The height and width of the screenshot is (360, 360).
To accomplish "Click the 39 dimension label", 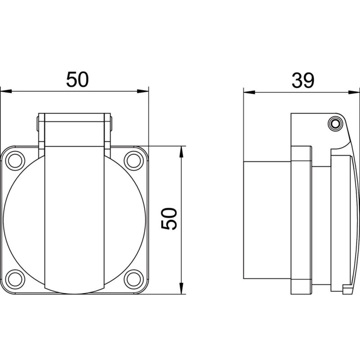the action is [302, 81].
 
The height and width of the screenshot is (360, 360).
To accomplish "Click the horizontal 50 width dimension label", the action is [77, 80].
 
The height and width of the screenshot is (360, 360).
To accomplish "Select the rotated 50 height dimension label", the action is [169, 219].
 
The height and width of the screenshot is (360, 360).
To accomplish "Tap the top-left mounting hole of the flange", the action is [15, 161].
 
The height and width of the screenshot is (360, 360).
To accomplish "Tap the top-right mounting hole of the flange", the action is [134, 161].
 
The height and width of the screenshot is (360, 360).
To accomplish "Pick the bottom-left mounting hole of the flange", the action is [15, 279].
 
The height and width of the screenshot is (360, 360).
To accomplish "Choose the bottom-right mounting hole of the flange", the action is [134, 279].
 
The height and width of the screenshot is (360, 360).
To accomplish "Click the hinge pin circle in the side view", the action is [335, 124].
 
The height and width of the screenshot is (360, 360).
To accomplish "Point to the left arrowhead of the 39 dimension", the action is [249, 92].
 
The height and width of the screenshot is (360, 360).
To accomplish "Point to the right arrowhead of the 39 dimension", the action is [354, 92].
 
